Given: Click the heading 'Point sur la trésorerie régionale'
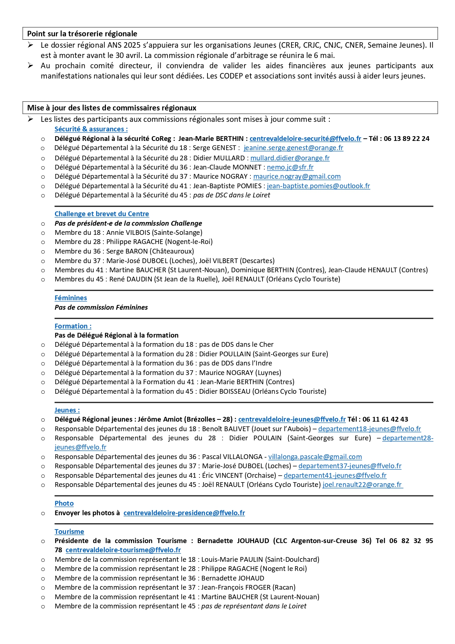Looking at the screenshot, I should point(82,34).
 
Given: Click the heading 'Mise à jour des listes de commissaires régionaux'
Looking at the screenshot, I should point(112,108).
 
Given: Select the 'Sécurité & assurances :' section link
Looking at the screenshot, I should point(91,129).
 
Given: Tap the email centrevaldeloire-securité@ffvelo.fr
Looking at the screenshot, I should point(305,139).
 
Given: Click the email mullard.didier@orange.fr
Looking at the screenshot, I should point(290,158).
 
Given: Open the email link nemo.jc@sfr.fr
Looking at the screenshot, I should point(290,167).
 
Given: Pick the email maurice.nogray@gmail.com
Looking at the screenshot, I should point(297,177).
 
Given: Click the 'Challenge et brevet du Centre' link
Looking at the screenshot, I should point(102,214).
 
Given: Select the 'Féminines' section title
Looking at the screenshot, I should point(71,298).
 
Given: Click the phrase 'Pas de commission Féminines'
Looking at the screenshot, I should point(101,308).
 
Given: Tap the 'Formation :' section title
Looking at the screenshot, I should point(73,326).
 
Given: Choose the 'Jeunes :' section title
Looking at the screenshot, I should point(67,410).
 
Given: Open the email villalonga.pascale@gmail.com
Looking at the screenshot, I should point(315,457).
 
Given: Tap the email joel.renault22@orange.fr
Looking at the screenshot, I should point(362,485).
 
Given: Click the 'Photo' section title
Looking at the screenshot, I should point(64,503).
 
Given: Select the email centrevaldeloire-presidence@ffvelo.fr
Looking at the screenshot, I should point(184,513).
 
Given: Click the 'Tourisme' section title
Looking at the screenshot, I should point(69,532).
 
